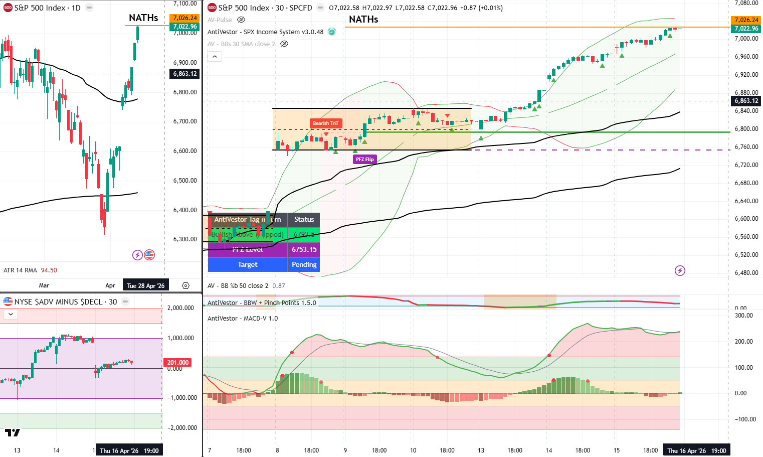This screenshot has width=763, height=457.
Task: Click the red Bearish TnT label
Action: coord(325,123)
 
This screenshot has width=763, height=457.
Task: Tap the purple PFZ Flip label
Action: coord(364,159)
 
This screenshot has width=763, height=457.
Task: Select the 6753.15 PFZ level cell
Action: coord(304,249)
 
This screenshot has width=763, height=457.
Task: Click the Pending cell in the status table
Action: coord(304,264)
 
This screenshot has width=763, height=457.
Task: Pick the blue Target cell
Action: coord(248,264)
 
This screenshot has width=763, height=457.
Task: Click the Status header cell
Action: coord(304,219)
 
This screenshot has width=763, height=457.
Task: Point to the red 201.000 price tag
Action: coord(178,362)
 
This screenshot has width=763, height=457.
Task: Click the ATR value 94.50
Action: coord(49,270)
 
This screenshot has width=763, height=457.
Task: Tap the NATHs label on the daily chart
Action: coord(143,18)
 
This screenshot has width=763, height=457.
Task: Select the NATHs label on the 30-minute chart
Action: coord(363,20)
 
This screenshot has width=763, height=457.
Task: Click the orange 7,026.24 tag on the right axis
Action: coord(746,20)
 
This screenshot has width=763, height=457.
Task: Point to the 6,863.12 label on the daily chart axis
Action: coord(185,74)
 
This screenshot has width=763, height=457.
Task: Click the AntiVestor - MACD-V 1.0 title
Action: coord(243,319)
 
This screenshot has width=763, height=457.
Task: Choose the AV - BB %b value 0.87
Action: coord(279,286)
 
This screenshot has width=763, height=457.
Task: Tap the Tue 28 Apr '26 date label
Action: coord(145,286)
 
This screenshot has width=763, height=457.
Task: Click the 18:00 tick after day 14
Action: coord(583,450)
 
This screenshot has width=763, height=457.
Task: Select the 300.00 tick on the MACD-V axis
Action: coord(743,316)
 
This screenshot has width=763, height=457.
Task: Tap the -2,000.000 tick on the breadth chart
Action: coord(180,428)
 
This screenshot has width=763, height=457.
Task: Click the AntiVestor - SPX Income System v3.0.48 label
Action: coord(265,32)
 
